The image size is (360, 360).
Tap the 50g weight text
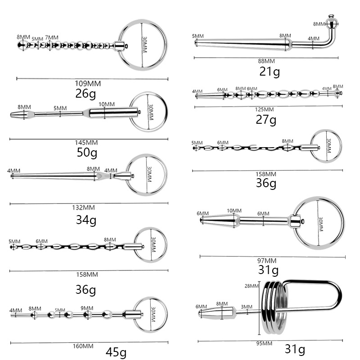click(x=87, y=153)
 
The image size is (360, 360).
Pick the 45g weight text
click(x=116, y=351)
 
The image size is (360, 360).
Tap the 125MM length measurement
click(x=264, y=110)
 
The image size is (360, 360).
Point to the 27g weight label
click(x=266, y=120)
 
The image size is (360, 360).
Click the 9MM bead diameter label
click(x=87, y=308)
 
